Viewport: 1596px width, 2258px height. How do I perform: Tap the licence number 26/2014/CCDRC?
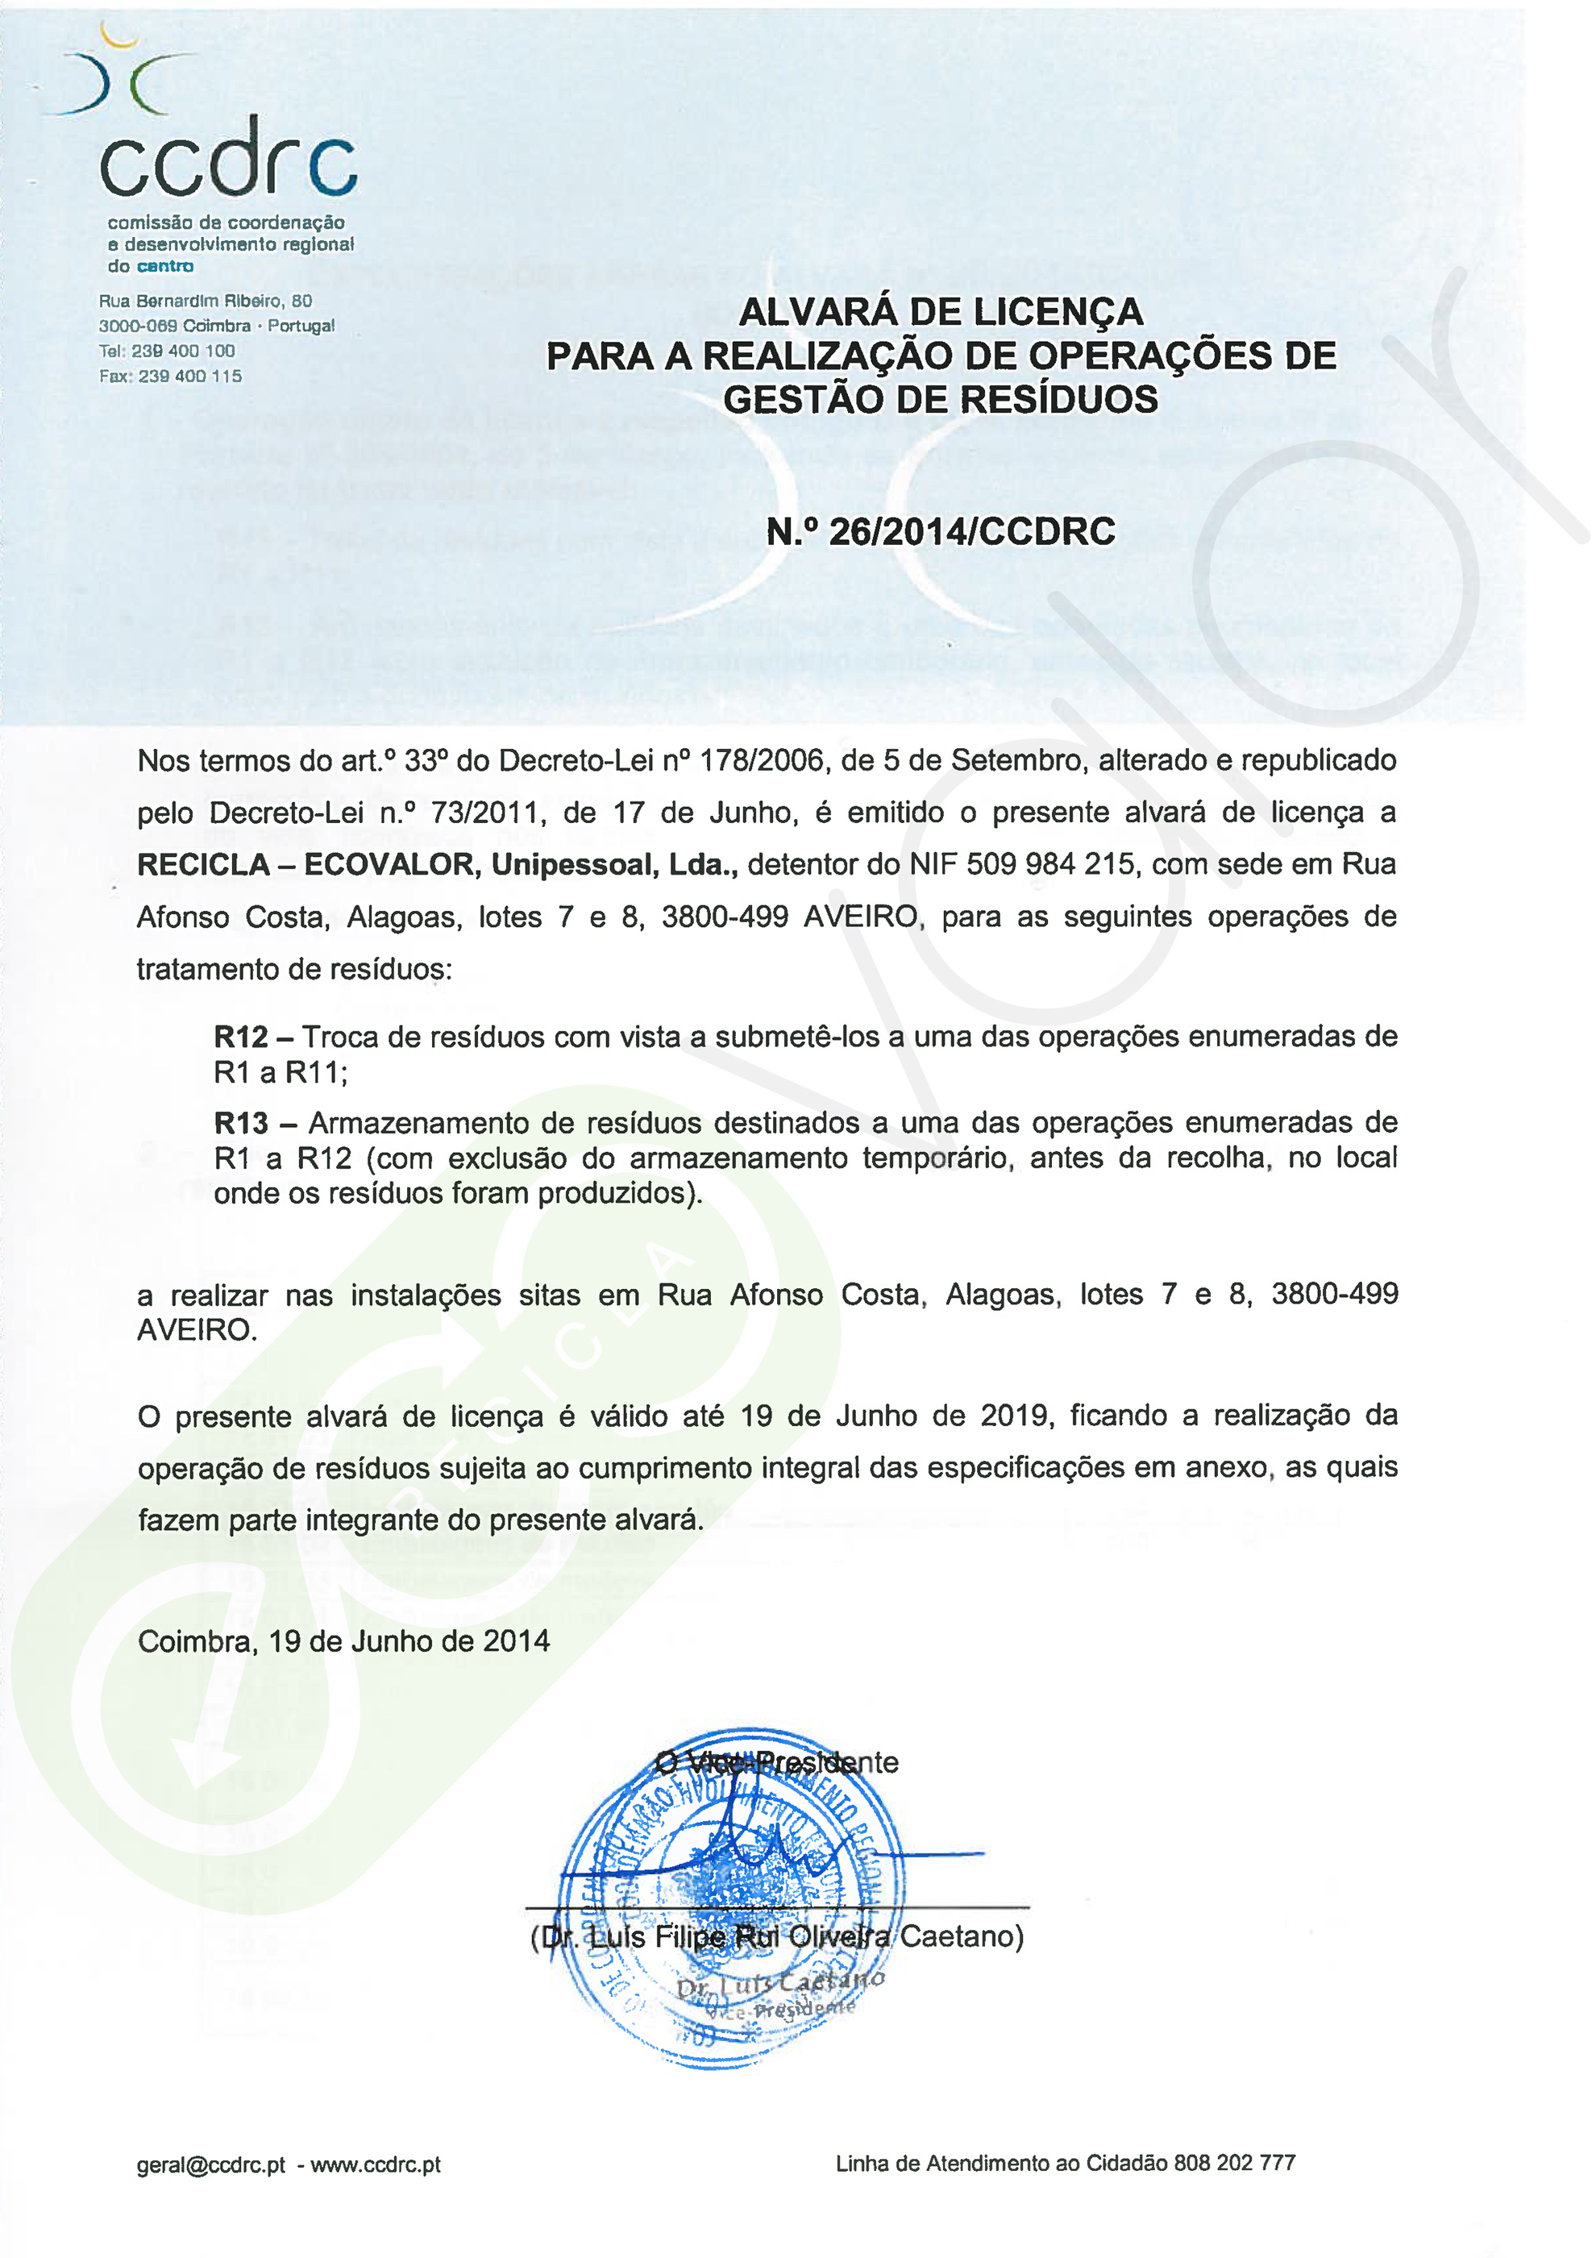pos(971,532)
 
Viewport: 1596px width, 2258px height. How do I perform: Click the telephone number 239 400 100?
pos(183,351)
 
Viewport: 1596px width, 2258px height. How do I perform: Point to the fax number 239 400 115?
pos(189,376)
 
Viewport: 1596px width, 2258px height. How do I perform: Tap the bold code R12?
pos(241,1038)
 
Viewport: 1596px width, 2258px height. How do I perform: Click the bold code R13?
pos(241,1123)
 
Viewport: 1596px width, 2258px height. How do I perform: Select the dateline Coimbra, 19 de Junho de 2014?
pos(343,1641)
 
